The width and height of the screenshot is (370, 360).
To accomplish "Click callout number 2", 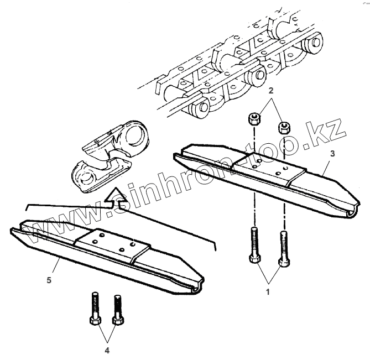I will tap(270, 90).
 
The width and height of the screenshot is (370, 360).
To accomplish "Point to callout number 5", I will tap(49, 280).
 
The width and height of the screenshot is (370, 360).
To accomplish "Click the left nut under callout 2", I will tap(254, 118).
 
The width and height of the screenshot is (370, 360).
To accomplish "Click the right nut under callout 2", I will tap(284, 126).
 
